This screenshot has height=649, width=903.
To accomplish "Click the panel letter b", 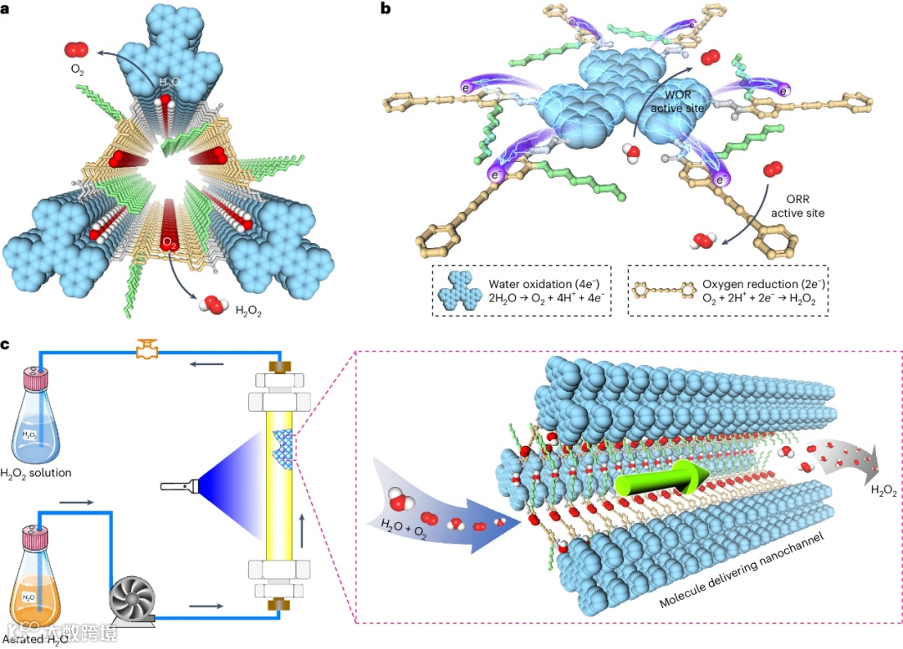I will [385, 10].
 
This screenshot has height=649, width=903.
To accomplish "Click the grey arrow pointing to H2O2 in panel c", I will [844, 458].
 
